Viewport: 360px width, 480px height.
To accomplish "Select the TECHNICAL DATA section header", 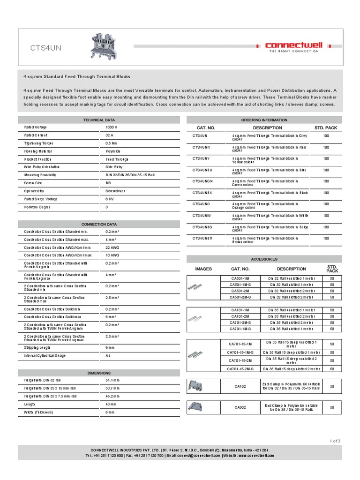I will tap(99, 120).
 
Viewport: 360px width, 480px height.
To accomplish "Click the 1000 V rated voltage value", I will tap(112, 127).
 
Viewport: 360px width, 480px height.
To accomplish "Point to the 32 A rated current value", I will tap(110, 135).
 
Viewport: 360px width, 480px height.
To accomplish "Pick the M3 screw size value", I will tap(108, 183).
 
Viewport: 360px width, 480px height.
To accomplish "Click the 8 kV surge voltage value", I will tap(110, 199).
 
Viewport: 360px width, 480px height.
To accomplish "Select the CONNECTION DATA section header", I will tap(99, 225).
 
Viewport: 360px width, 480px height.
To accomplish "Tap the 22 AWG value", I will tap(112, 247).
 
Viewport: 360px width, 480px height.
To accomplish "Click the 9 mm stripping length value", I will tap(111, 348).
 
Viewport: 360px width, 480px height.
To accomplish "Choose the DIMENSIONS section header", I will tap(99, 373).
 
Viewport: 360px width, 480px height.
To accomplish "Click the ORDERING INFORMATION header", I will tap(264, 120).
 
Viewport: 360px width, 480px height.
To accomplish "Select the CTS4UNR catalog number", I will tap(202, 147).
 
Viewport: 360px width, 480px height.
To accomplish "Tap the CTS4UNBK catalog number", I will tap(202, 193).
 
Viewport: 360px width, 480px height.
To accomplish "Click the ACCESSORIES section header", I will tap(264, 259).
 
